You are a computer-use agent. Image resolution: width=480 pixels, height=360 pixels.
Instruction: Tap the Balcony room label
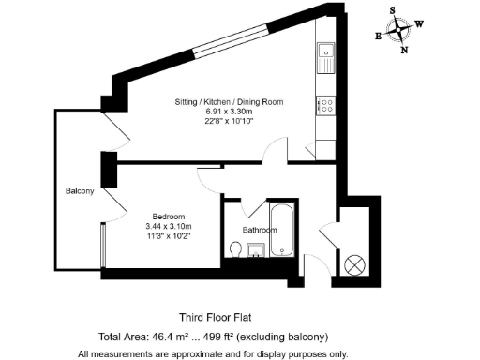[x=80, y=191]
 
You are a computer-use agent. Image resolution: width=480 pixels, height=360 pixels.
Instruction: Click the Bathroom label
[x=260, y=230]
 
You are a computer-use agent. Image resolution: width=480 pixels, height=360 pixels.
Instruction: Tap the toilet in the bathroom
[x=236, y=248]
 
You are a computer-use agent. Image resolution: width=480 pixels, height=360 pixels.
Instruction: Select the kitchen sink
[x=325, y=57]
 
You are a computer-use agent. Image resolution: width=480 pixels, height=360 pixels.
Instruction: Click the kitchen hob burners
[x=325, y=104]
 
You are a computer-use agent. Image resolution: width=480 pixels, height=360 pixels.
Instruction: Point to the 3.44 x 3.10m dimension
[x=168, y=226]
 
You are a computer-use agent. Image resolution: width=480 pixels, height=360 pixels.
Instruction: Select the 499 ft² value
[x=244, y=337]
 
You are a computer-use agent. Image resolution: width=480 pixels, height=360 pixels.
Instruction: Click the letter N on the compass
[x=405, y=51]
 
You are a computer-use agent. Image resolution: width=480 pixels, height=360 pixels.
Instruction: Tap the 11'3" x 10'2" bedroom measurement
[x=168, y=236]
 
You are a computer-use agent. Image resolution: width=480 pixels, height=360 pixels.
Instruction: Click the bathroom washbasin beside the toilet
[x=256, y=249]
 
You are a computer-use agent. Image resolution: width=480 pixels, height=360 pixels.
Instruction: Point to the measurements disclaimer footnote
[x=213, y=353]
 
